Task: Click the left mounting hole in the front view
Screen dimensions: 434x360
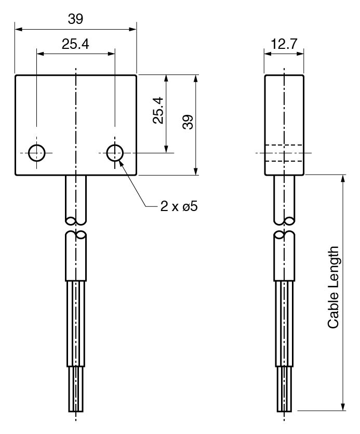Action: (37, 153)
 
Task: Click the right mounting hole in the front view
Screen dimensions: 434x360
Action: (115, 153)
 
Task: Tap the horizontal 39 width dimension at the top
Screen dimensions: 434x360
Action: (75, 19)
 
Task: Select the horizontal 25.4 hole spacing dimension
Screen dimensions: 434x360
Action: (75, 45)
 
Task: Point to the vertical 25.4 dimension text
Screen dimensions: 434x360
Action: (158, 110)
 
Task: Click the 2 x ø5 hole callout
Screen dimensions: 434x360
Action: (179, 206)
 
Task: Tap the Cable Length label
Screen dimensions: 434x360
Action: (334, 287)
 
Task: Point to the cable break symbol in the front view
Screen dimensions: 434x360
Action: (76, 228)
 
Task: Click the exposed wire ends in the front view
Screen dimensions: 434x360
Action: (76, 389)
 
